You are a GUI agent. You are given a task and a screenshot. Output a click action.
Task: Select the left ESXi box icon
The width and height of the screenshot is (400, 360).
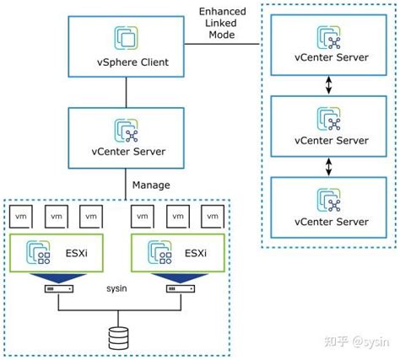click(39, 250)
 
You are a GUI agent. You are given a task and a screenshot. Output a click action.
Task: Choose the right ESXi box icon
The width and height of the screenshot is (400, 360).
click(159, 250)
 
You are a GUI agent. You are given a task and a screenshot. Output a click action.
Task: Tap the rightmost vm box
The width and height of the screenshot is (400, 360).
click(212, 216)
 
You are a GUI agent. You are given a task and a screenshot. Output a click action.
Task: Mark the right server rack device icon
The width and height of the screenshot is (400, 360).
click(176, 289)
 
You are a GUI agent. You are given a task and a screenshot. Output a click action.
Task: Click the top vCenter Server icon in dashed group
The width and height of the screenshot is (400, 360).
click(331, 37)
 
